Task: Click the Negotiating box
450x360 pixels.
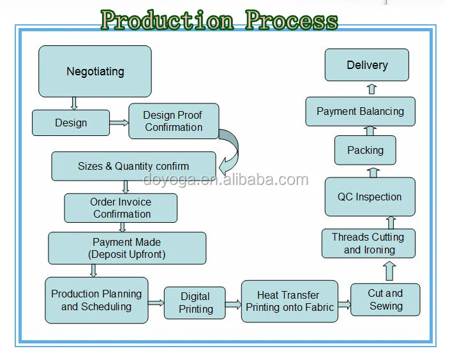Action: (95, 71)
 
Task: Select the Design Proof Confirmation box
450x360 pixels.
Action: (174, 121)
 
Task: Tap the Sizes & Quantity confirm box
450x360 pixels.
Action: (133, 166)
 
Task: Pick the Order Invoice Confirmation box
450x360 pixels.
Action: (121, 208)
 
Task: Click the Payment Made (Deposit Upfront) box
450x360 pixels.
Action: (127, 248)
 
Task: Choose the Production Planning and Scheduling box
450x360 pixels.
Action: (96, 300)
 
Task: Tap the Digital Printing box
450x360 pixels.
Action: (195, 303)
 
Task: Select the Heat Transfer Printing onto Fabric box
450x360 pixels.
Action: (290, 301)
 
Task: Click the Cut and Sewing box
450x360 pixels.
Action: (385, 300)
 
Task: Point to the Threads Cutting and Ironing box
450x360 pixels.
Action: (368, 243)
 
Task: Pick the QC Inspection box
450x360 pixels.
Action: (370, 197)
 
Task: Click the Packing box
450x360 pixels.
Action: (365, 150)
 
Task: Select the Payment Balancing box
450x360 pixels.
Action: (360, 112)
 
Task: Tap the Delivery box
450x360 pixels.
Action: (367, 65)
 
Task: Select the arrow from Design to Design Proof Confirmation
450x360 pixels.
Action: (119, 123)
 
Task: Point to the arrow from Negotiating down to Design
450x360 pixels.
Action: (74, 103)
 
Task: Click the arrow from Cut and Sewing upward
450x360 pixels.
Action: (389, 271)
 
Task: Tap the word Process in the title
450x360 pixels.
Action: (292, 20)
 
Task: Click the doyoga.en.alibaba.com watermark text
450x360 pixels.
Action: (225, 180)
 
